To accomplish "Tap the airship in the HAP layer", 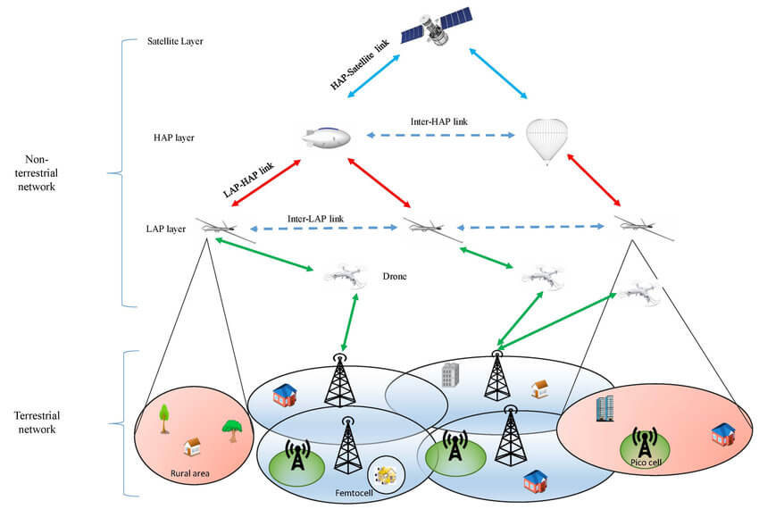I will [325, 137].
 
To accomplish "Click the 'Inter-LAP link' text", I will [316, 217].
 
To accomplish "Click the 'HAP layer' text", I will [173, 138].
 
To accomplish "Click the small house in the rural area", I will [191, 446].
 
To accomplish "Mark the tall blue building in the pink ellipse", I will [604, 409].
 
